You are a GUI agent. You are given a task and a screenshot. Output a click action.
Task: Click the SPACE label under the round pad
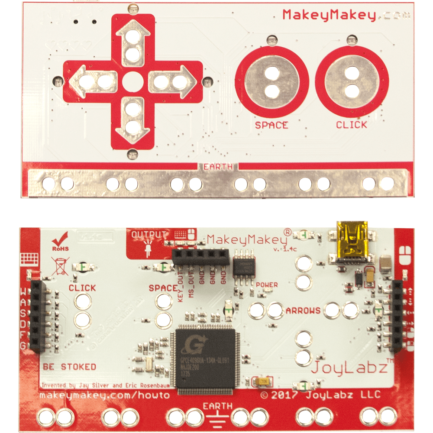click(271, 125)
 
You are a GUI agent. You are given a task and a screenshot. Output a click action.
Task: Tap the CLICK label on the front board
click(352, 125)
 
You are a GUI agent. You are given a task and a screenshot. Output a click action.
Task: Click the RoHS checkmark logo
click(59, 241)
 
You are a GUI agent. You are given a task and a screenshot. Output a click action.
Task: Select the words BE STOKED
click(69, 367)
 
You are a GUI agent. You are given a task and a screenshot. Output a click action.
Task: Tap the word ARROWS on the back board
click(303, 310)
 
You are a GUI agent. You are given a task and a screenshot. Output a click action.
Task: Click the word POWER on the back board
click(267, 285)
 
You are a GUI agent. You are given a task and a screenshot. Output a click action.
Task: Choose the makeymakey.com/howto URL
click(104, 395)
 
